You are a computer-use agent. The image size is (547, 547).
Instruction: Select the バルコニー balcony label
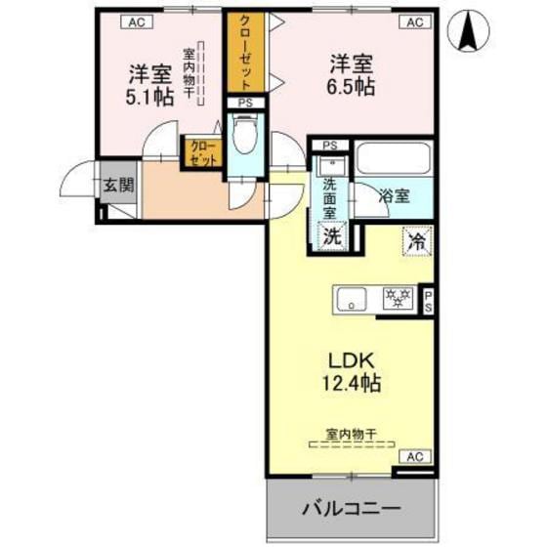tap(350, 508)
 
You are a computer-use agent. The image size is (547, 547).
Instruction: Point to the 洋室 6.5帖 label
tap(351, 73)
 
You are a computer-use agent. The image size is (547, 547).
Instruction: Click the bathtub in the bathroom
tap(395, 158)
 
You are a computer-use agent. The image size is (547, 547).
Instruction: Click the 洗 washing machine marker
tap(333, 234)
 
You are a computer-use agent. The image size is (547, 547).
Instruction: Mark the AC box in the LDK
tap(414, 456)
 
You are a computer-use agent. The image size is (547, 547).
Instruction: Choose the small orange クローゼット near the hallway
tap(202, 154)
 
